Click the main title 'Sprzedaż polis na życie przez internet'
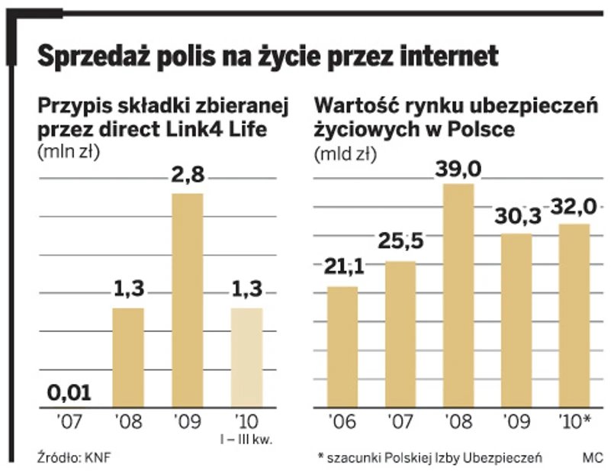click(268, 55)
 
